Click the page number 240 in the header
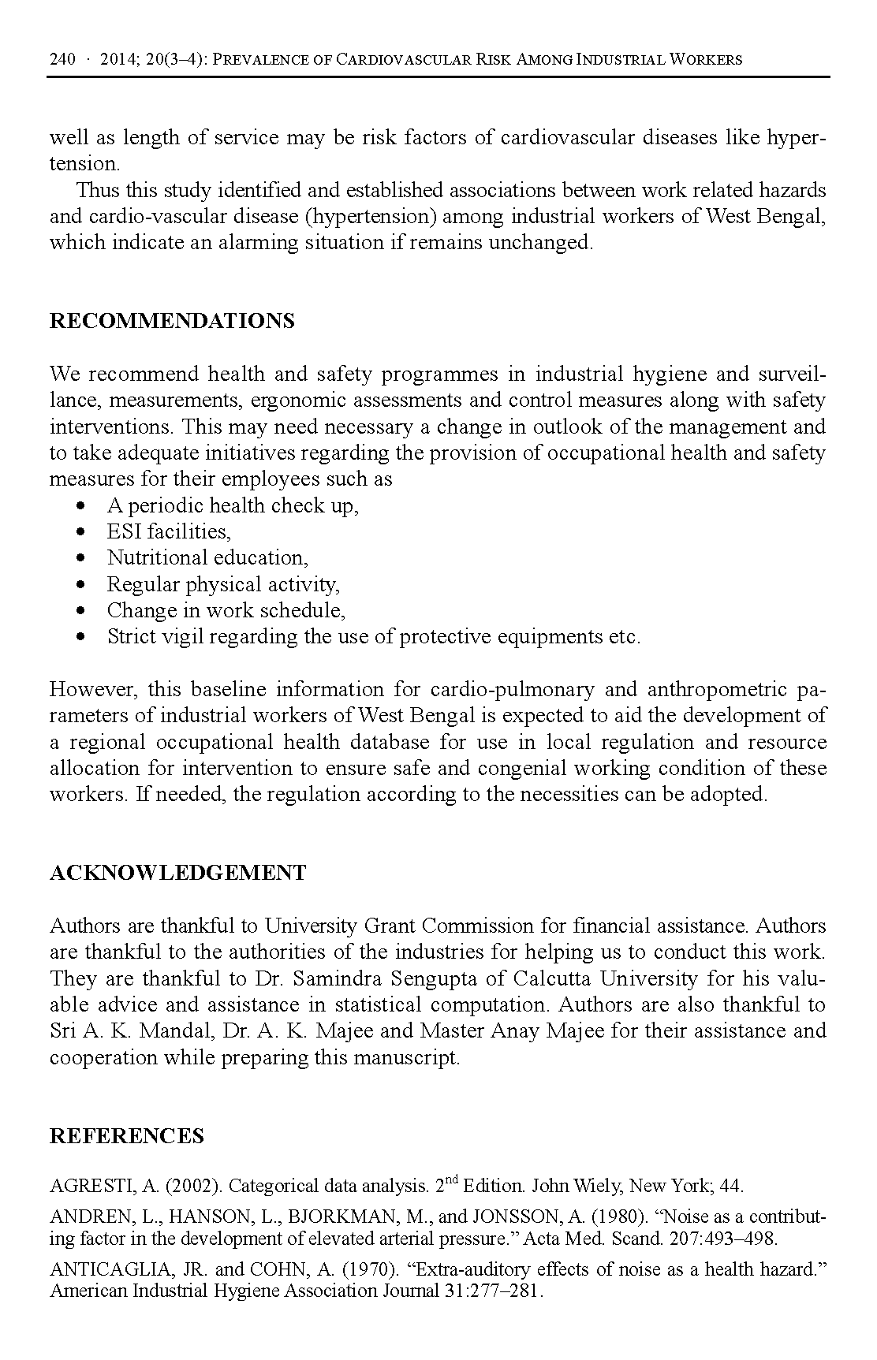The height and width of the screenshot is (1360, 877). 62,60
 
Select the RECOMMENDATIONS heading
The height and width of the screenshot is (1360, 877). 172,321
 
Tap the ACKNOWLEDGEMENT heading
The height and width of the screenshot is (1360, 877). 177,873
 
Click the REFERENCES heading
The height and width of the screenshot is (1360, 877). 126,1135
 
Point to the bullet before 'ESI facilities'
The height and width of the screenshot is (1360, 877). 81,532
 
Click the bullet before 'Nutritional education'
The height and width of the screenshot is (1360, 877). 81,558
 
